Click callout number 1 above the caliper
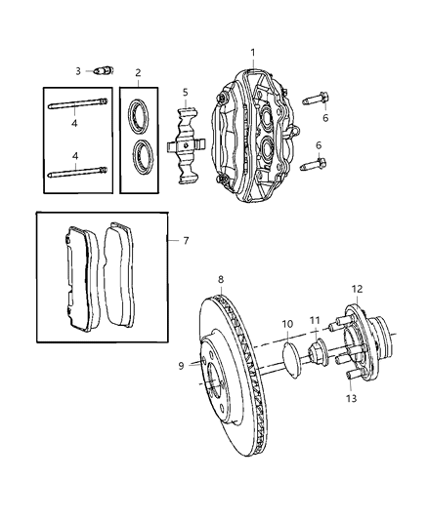253,53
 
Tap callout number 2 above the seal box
138,73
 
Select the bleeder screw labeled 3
104,71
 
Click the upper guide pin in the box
78,103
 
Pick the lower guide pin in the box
78,172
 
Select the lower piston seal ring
143,156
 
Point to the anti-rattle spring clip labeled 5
187,145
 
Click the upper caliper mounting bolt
315,99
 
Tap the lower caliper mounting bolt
313,165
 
